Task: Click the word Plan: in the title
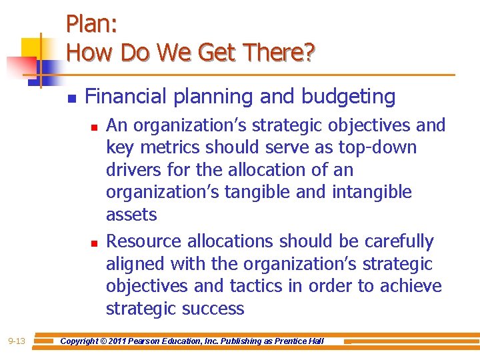click(92, 25)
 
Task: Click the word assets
click(131, 215)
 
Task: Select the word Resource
click(144, 241)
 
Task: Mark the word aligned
click(135, 264)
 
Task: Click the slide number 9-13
click(17, 341)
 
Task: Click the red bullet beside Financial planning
click(71, 98)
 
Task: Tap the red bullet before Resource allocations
click(95, 243)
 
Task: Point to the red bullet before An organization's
click(95, 126)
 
